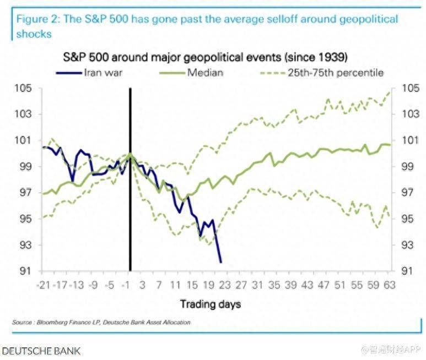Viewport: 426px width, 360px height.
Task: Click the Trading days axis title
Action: [x=211, y=303]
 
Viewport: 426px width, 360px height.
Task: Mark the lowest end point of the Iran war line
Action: [x=221, y=262]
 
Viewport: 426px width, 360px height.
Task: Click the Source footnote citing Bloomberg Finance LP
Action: [x=101, y=322]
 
